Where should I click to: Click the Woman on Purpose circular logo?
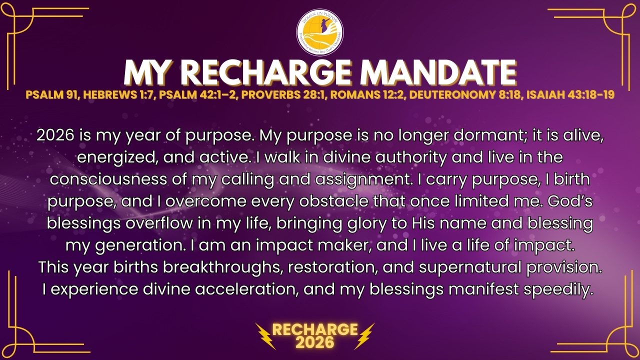[x=320, y=32]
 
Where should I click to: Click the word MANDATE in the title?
[x=438, y=72]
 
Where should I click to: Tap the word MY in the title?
[x=146, y=72]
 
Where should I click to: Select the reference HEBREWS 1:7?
[x=119, y=94]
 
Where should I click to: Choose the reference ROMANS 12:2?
[x=367, y=94]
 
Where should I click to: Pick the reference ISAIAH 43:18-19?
[x=570, y=94]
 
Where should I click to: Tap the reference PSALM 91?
[x=52, y=94]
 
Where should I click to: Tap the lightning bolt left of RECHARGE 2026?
[x=265, y=336]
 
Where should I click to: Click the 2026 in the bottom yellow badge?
[x=315, y=342]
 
